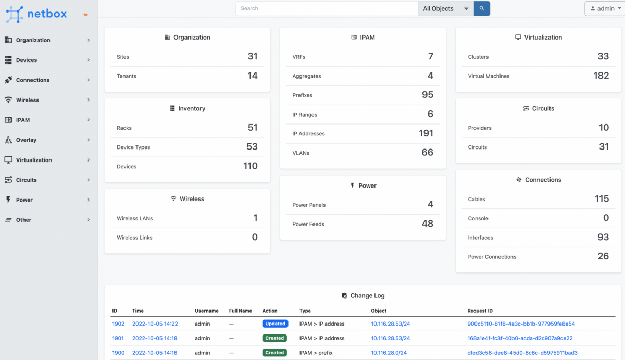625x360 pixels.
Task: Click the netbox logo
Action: (x=36, y=14)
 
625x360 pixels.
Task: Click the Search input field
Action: (x=327, y=8)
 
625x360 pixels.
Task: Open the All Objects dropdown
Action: (x=438, y=8)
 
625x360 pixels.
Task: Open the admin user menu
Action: (x=604, y=8)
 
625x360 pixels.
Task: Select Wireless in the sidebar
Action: (x=28, y=100)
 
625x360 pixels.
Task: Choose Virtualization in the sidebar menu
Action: (x=34, y=160)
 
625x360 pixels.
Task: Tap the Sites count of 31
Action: (x=253, y=56)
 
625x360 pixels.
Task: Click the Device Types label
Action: (x=133, y=147)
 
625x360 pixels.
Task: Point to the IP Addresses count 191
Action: (x=426, y=133)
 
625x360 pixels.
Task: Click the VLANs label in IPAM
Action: (x=301, y=153)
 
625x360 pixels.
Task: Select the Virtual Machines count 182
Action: (x=601, y=76)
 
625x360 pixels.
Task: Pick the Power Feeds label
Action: (x=308, y=224)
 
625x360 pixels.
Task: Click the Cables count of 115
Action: (x=602, y=199)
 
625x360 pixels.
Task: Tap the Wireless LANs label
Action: (x=134, y=218)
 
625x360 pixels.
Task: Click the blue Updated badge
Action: (x=275, y=324)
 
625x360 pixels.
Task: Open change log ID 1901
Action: (x=118, y=338)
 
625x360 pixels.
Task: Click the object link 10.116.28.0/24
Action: (x=389, y=353)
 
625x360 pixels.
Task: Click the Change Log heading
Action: (x=367, y=295)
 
